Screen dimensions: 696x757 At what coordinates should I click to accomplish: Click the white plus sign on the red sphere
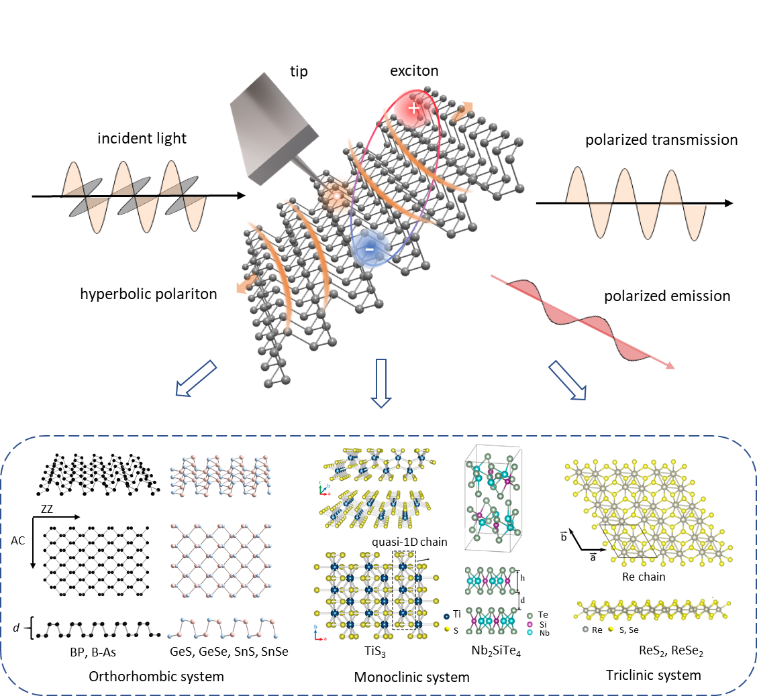click(x=414, y=107)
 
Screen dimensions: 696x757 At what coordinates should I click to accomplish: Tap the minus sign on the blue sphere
click(x=369, y=249)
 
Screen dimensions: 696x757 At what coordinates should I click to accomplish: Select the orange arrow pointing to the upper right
click(x=462, y=111)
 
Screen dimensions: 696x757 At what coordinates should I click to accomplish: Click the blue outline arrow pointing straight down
click(x=381, y=383)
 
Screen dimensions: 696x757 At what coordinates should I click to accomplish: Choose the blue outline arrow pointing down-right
click(x=567, y=380)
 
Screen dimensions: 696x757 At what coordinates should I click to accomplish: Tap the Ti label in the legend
click(x=457, y=614)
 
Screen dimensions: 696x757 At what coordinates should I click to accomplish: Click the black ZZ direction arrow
click(x=56, y=517)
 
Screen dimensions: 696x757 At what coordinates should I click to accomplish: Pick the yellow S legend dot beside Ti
click(x=447, y=628)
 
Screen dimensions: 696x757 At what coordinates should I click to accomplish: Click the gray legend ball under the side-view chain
click(x=586, y=630)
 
